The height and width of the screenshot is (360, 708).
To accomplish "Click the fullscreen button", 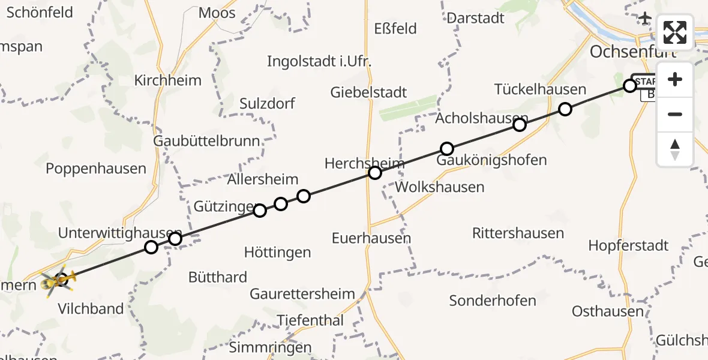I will (x=675, y=32).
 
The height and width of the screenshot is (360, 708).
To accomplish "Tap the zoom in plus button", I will (x=675, y=79).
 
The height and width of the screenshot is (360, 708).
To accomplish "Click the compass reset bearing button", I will (x=675, y=149).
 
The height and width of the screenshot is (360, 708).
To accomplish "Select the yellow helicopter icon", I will (x=58, y=280).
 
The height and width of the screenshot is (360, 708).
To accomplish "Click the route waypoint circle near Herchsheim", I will (x=375, y=173).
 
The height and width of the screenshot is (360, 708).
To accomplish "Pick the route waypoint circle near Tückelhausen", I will (x=565, y=109).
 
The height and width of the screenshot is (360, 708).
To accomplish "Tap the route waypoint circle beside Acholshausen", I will (x=520, y=125).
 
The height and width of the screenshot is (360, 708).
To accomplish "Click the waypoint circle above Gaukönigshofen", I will (x=446, y=149).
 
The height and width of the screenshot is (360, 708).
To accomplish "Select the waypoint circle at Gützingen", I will (x=260, y=211).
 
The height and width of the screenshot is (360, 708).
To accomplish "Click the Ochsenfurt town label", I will (x=632, y=52).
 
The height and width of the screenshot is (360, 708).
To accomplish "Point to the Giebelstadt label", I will (x=368, y=92).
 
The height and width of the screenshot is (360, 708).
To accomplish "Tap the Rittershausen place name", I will (x=518, y=233).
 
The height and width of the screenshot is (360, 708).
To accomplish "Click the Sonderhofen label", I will (x=493, y=301).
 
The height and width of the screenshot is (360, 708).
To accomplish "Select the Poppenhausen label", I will (x=96, y=169).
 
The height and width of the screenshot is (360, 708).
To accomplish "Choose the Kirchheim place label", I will (x=168, y=80).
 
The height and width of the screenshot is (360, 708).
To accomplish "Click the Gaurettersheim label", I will (x=302, y=294).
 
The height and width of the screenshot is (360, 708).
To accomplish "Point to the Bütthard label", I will (x=218, y=277).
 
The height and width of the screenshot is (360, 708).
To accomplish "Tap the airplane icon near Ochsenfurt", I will (x=645, y=19).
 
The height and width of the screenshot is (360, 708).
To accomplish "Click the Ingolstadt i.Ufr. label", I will (x=319, y=61).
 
